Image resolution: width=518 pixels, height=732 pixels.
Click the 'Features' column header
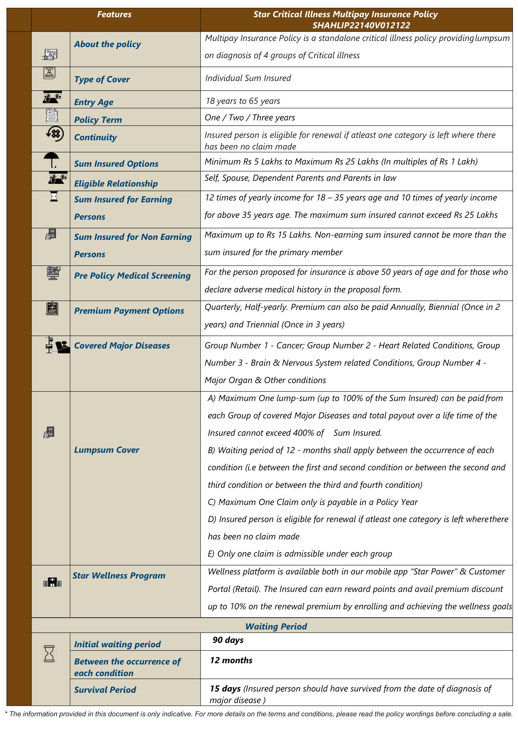[x=114, y=14]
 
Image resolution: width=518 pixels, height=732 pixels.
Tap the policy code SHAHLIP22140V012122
[x=361, y=26]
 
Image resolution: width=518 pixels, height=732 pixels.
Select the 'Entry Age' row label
[x=94, y=102]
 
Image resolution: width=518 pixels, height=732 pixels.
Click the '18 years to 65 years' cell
[x=243, y=101]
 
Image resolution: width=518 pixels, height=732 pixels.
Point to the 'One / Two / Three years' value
[x=250, y=118]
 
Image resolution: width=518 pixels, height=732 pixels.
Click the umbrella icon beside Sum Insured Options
[x=51, y=160]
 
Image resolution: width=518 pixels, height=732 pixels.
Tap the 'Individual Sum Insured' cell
[x=248, y=78]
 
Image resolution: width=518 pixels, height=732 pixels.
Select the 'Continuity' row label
[x=95, y=137]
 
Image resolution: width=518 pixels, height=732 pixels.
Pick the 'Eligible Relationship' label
[x=116, y=184]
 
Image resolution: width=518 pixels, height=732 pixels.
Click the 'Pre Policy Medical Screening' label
[x=132, y=276]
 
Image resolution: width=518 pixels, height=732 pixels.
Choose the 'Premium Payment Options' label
[x=129, y=311]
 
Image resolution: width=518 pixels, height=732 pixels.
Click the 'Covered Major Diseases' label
[x=122, y=346]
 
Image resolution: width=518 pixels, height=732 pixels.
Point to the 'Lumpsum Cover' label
[x=107, y=450]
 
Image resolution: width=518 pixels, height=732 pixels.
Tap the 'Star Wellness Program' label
[x=119, y=575]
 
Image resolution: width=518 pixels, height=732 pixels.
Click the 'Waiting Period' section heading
[x=276, y=627]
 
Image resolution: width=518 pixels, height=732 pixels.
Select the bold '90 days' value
[x=228, y=640]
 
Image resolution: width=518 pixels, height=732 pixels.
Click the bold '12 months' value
[x=231, y=660]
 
